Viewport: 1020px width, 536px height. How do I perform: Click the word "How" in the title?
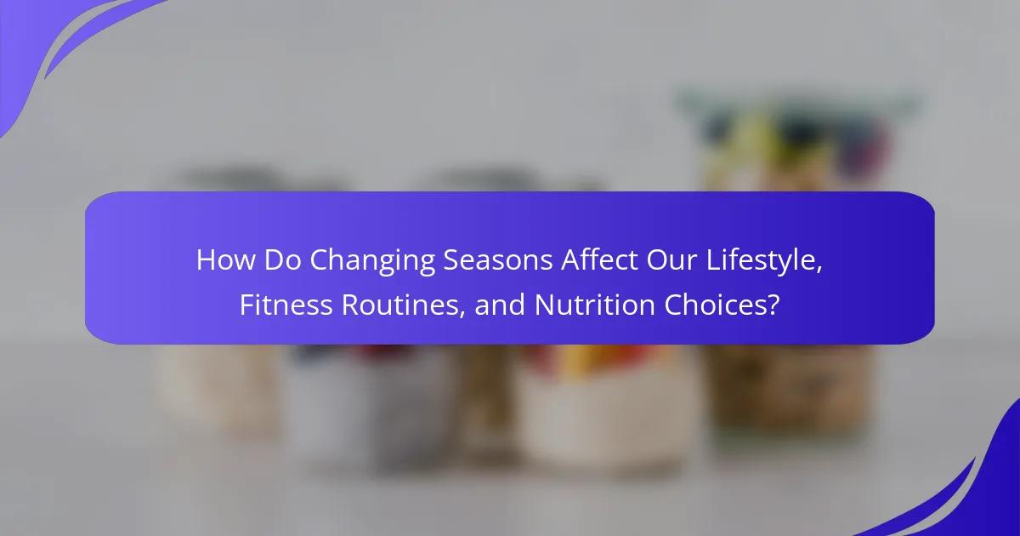226,259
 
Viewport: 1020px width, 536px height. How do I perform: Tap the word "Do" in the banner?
282,259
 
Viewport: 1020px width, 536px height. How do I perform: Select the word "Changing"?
372,262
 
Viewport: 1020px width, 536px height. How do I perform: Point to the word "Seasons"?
498,259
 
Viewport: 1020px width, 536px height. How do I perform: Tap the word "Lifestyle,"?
764,262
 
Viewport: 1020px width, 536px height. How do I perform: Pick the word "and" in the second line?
500,305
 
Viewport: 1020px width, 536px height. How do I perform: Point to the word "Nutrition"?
595,305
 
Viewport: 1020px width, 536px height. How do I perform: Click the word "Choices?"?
722,305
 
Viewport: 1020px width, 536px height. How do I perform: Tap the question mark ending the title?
773,305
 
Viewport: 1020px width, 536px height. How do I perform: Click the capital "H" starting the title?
205,259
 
